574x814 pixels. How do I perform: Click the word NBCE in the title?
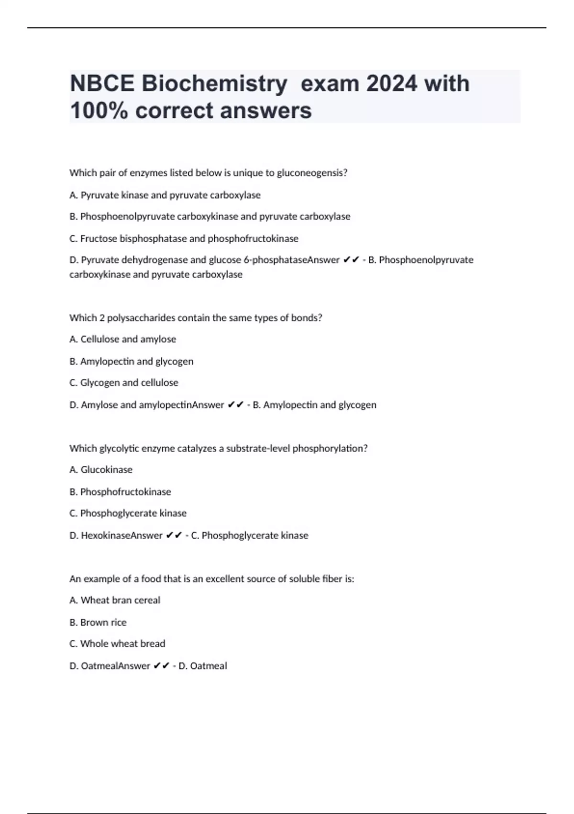pos(102,84)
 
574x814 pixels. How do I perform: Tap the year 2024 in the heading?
pos(391,84)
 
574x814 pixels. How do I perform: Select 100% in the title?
pos(99,111)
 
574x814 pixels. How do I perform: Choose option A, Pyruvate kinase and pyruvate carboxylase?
pos(165,195)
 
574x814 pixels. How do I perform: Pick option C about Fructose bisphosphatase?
pos(184,238)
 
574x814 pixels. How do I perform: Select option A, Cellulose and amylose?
pos(123,339)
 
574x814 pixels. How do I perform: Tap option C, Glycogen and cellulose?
pos(124,383)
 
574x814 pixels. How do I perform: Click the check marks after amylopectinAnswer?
pos(235,405)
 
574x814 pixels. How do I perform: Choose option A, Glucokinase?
pos(101,470)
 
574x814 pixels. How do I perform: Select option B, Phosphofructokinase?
pos(120,492)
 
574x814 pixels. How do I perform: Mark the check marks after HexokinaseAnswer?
pos(174,535)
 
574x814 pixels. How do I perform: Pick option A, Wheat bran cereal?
pos(115,600)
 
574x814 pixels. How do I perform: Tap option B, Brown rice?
pos(98,622)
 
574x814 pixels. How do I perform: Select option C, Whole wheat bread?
pos(117,644)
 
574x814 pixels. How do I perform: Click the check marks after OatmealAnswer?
pos(161,666)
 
